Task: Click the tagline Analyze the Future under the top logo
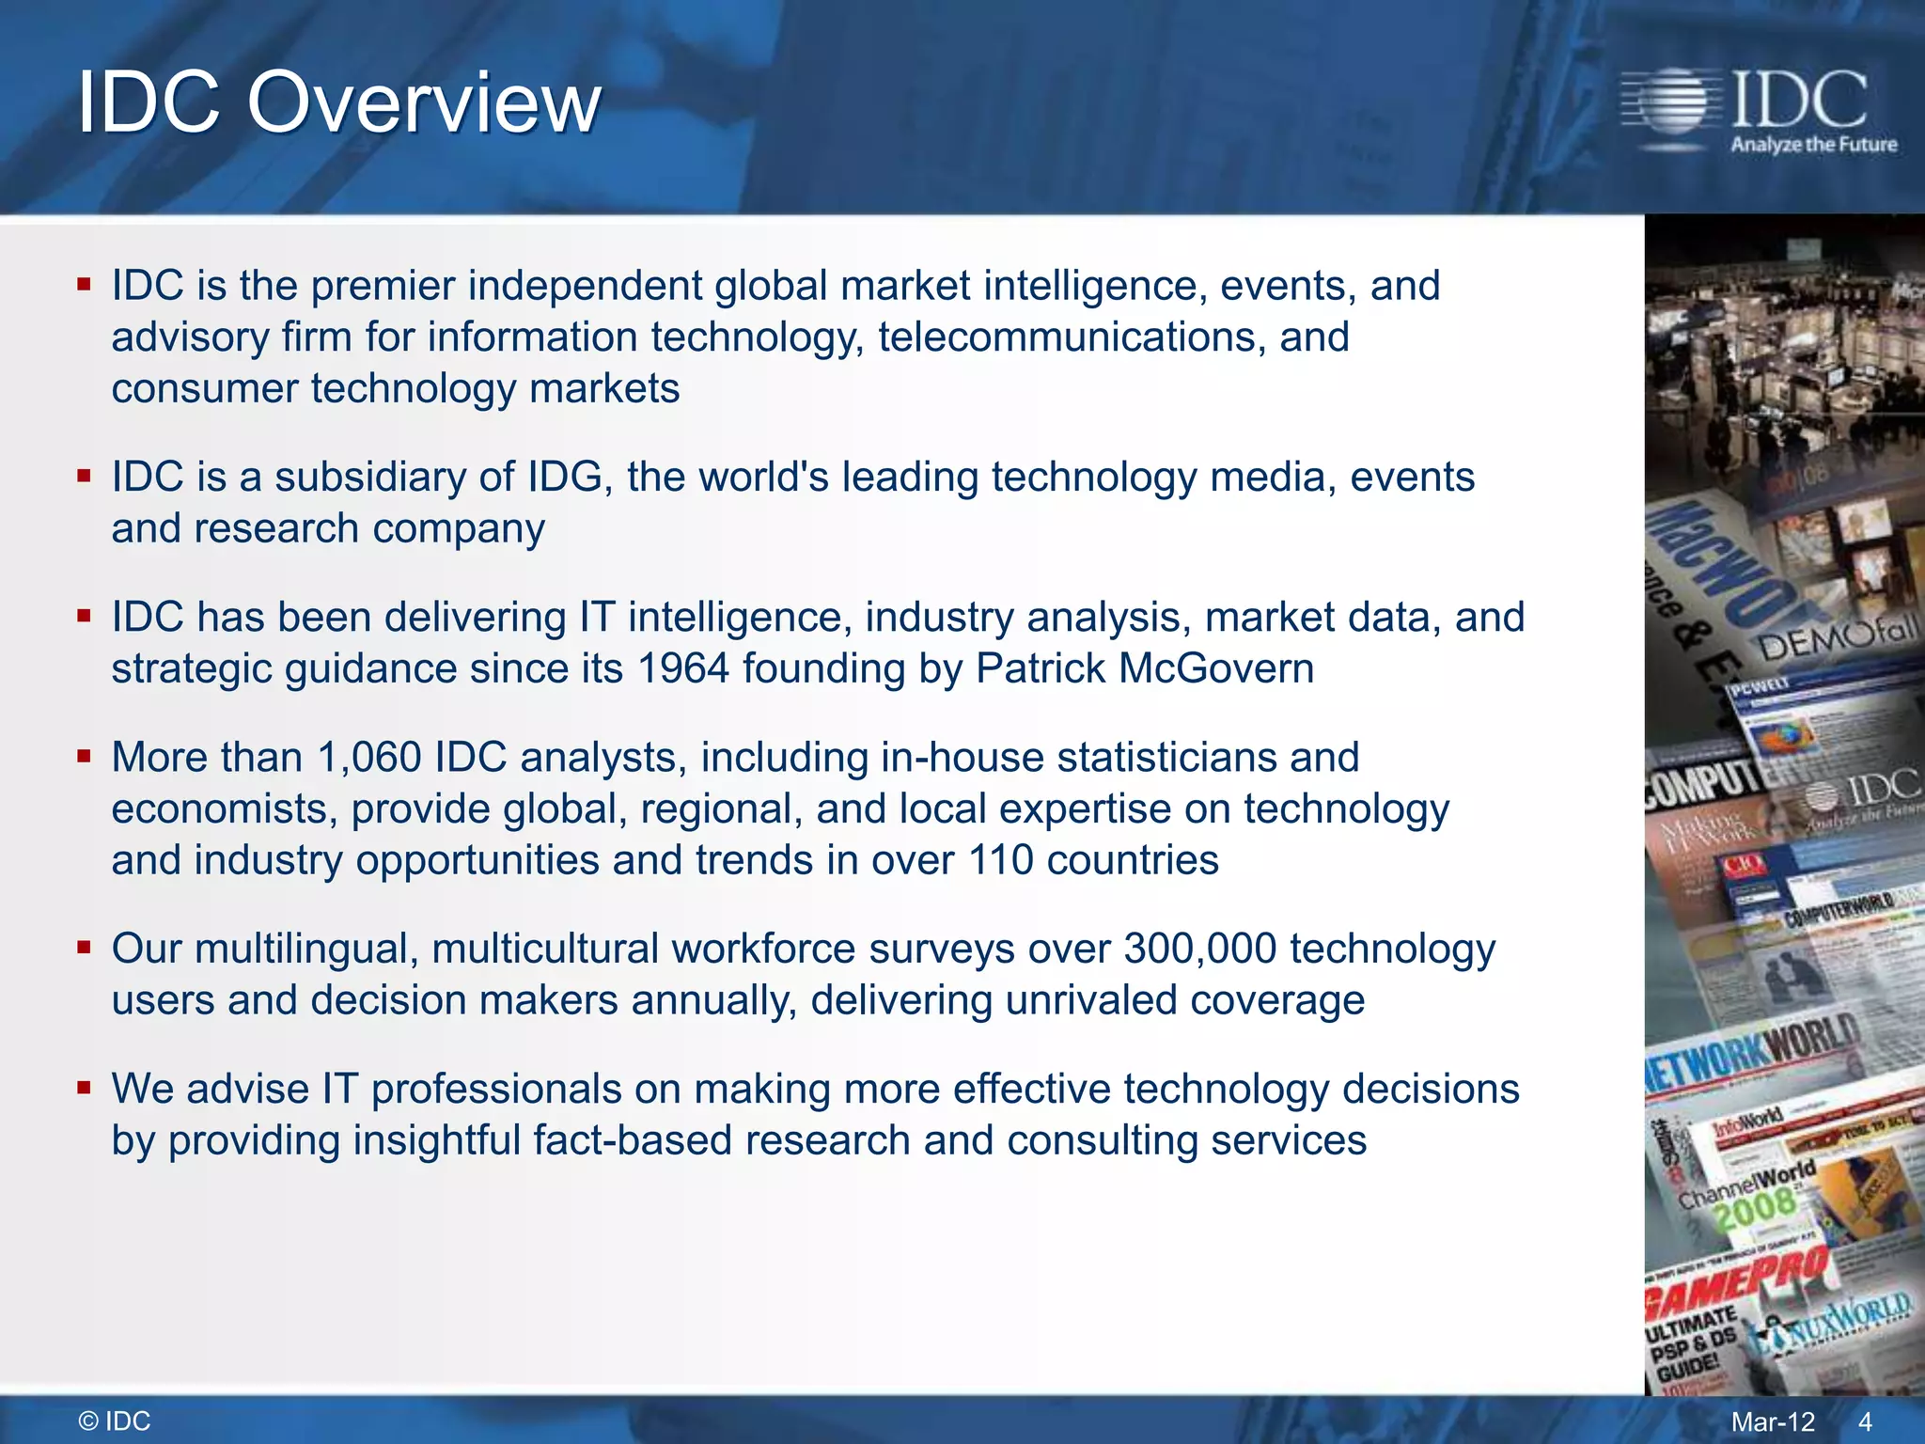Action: point(1813,145)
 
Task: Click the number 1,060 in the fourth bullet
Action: point(369,758)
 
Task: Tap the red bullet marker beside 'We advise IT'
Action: point(85,1089)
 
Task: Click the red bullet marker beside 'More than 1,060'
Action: point(85,756)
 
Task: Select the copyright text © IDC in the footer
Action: point(115,1421)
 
